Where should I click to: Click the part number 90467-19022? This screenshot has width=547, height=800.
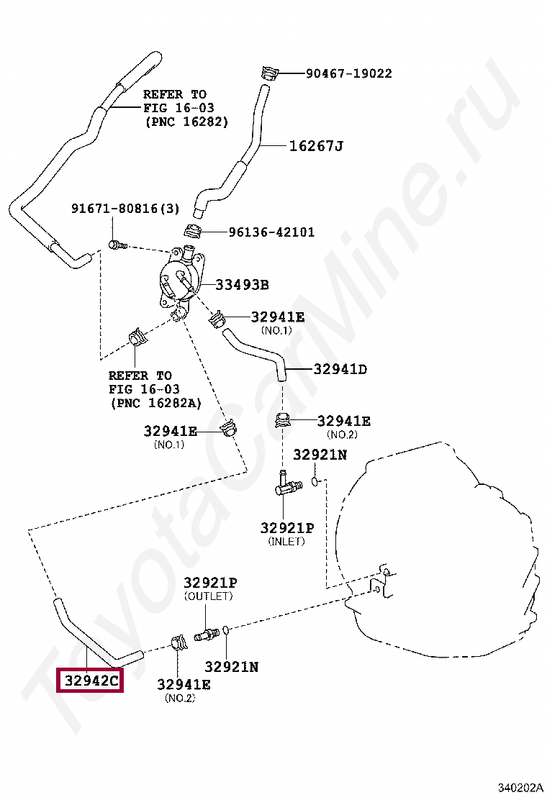pos(348,73)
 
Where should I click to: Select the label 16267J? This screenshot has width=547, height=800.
pos(316,146)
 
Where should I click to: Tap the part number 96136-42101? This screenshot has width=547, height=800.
pos(271,232)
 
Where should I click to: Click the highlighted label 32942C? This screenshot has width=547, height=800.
pos(90,680)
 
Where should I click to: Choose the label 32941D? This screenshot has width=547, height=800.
pos(340,370)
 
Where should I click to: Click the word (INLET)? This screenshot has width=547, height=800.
pos(286,541)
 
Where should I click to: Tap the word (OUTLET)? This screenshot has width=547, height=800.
pos(209,596)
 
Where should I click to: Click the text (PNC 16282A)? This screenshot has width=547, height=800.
pos(155,403)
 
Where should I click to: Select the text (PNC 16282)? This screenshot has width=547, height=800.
pos(186,122)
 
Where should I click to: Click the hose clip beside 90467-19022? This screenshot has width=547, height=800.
pos(268,73)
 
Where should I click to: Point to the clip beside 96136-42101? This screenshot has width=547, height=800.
pos(193,232)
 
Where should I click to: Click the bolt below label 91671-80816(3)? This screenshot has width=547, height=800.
pos(117,245)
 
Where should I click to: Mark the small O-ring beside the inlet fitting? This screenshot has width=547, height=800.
pos(315,479)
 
